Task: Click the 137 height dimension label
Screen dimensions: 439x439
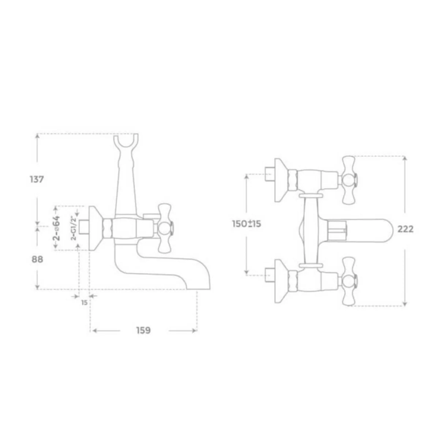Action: point(37,179)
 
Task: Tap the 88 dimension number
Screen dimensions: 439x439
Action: point(37,259)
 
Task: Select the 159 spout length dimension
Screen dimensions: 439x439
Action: point(143,330)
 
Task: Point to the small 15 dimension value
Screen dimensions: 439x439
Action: point(85,303)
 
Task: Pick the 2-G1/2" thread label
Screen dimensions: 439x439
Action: point(74,228)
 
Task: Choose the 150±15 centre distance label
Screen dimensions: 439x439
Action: point(247,224)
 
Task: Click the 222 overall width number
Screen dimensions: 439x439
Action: point(405,229)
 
